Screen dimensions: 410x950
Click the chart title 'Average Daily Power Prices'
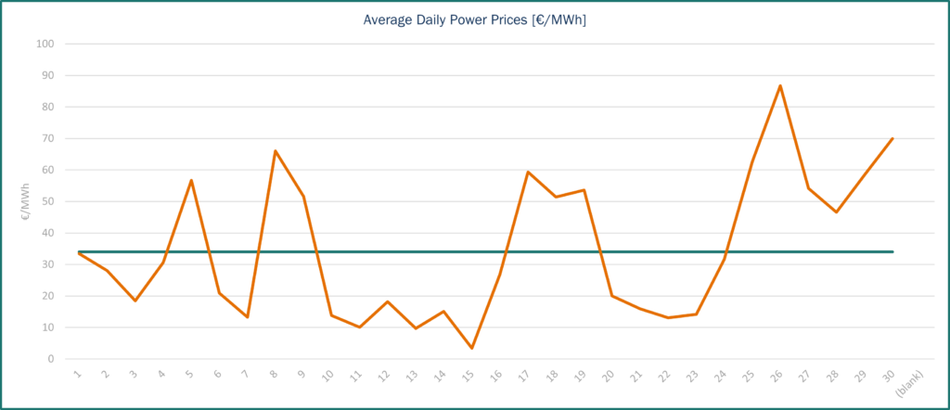click(474, 19)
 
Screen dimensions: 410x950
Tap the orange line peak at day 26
click(780, 85)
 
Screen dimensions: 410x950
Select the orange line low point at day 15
click(472, 348)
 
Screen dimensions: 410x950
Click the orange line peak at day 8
click(276, 150)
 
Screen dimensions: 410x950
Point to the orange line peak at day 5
click(191, 180)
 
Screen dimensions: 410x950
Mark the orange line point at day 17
click(528, 172)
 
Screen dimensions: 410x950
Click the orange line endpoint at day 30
click(892, 138)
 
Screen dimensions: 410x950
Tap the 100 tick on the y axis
click(45, 44)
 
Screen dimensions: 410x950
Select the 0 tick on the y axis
click(51, 359)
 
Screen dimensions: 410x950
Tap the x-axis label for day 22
click(665, 376)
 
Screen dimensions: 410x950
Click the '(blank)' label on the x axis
click(912, 382)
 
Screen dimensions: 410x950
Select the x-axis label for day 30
click(889, 376)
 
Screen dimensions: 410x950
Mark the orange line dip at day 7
click(248, 317)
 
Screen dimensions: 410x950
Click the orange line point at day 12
click(388, 301)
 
